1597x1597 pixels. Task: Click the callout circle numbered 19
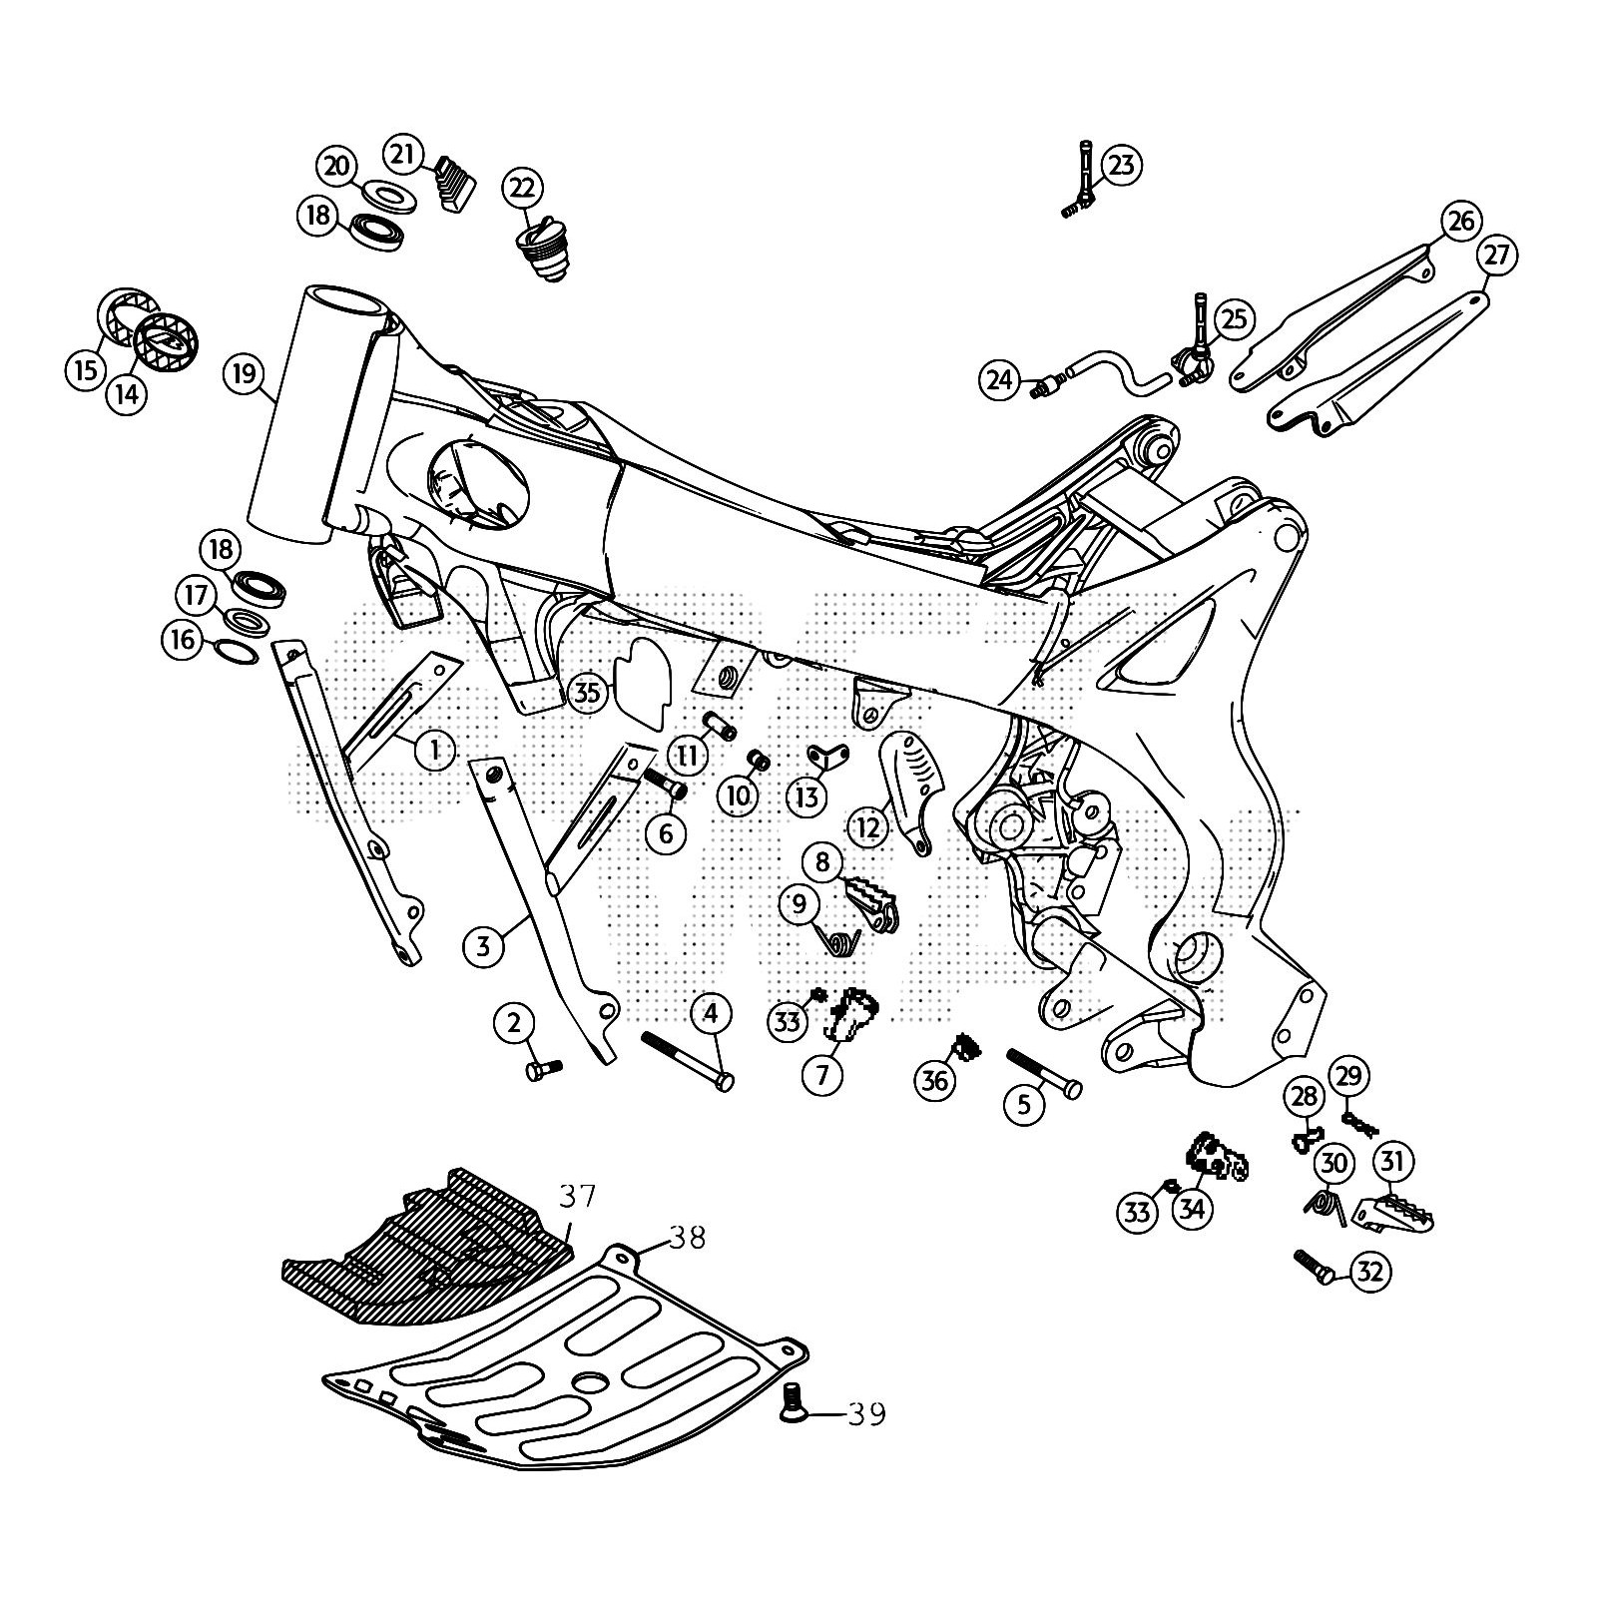[245, 375]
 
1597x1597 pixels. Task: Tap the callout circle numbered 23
[1121, 165]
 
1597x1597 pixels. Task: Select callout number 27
[1496, 256]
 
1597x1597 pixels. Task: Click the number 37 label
[577, 1195]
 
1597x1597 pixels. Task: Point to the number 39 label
[865, 1414]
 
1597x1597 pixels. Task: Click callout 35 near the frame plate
[588, 692]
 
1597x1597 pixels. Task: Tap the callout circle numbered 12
[868, 827]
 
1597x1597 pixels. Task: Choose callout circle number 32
[1370, 1272]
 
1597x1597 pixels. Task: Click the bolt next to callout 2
[543, 1070]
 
